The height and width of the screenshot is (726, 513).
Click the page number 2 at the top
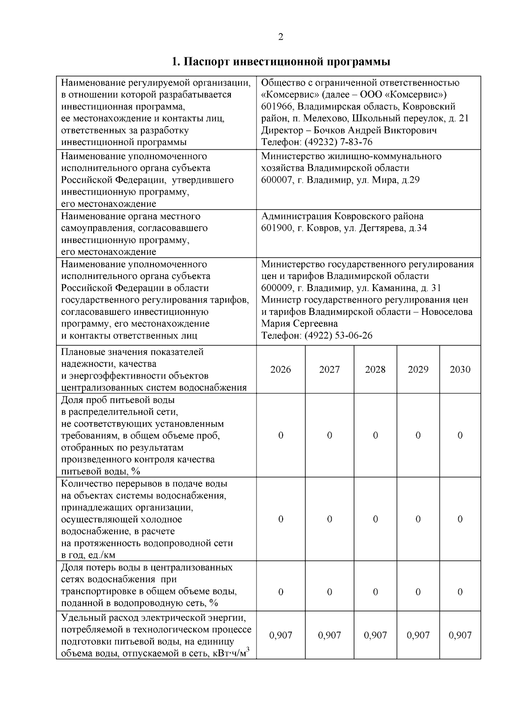point(280,37)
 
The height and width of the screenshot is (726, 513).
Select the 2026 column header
point(280,370)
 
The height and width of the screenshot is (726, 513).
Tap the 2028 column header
point(375,370)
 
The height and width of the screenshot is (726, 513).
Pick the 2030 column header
point(460,370)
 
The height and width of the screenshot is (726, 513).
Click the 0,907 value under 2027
point(329,635)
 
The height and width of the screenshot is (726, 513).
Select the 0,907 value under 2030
point(460,635)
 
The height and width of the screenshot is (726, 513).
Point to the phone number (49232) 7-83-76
point(339,142)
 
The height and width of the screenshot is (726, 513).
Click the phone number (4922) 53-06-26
point(339,335)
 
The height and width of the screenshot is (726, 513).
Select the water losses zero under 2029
point(418,592)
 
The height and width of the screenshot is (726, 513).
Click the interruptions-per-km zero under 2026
point(280,519)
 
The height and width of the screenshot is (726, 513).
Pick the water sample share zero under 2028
point(375,436)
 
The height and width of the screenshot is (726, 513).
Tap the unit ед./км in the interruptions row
point(100,556)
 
